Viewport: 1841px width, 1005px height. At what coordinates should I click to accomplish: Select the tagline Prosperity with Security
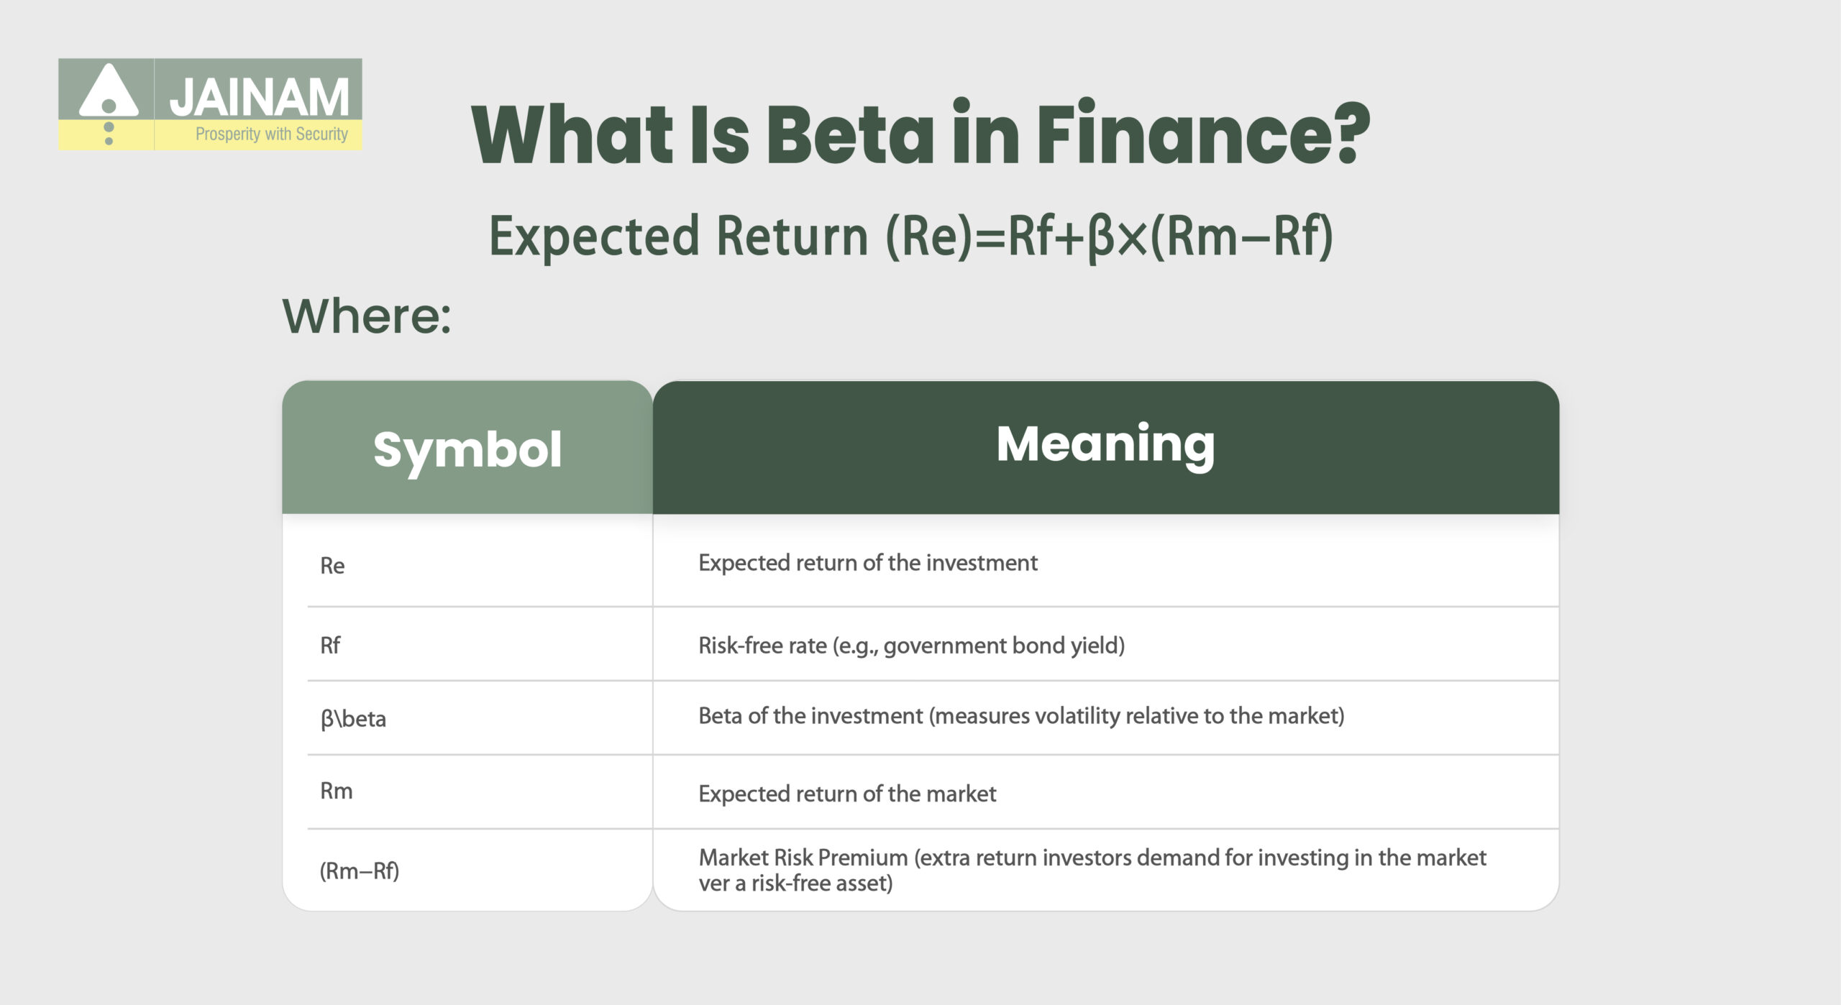tap(271, 134)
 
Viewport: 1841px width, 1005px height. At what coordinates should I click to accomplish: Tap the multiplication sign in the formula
tap(1133, 238)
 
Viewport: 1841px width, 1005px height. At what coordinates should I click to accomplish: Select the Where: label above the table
tap(367, 316)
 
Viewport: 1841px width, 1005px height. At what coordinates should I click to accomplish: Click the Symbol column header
tap(467, 450)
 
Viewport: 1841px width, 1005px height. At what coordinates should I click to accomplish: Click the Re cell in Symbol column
tap(332, 566)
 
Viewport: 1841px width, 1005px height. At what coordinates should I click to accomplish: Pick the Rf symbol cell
tap(330, 646)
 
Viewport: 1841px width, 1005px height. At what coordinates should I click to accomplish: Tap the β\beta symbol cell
tap(353, 719)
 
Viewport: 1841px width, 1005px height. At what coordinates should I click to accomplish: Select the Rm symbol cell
tap(336, 791)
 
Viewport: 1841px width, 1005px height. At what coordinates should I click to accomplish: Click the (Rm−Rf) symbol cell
tap(359, 871)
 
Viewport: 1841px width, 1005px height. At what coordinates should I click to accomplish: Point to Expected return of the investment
tap(867, 563)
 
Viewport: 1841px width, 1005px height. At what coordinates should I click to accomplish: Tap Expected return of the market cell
tap(846, 794)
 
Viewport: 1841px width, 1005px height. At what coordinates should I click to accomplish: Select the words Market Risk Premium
tap(803, 858)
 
